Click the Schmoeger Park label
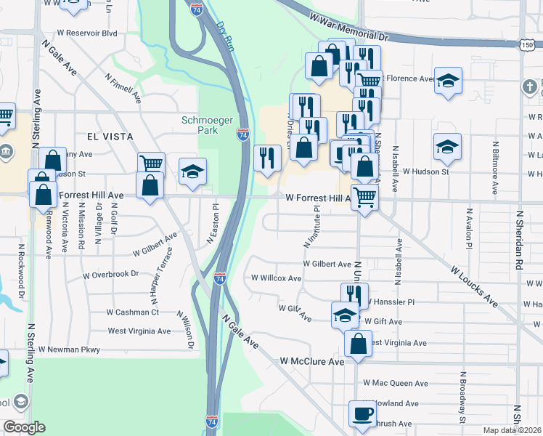coord(200,124)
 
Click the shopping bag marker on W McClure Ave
coord(358,343)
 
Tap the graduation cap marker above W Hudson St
coord(447,147)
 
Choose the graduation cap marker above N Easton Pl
coord(192,171)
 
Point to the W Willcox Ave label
coord(276,278)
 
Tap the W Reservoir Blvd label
coord(89,33)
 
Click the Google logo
coord(24,427)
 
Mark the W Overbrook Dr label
coord(110,275)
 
